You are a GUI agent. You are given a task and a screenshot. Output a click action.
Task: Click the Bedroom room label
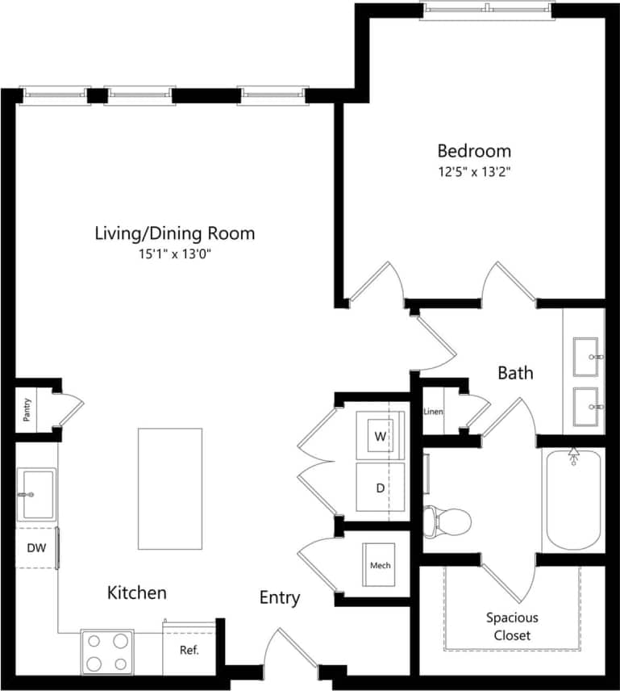[474, 151]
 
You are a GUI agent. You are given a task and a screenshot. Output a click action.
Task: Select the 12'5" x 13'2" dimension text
[474, 171]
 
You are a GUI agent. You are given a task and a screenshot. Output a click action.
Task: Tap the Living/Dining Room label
[175, 233]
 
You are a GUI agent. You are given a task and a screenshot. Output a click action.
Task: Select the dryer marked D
[380, 487]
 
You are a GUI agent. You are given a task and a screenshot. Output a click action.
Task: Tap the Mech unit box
[380, 565]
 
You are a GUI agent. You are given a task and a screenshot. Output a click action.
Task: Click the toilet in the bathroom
[447, 521]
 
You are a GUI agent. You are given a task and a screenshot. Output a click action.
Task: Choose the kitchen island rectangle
[169, 488]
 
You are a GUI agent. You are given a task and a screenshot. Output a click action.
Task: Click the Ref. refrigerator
[189, 649]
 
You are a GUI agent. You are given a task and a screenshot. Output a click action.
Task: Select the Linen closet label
[433, 412]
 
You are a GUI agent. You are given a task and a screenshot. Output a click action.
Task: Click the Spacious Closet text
[512, 626]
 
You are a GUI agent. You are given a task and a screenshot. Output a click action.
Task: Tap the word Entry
[280, 598]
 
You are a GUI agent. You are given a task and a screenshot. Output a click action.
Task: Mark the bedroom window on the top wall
[489, 8]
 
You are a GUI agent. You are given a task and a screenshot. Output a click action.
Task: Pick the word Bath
[515, 373]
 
